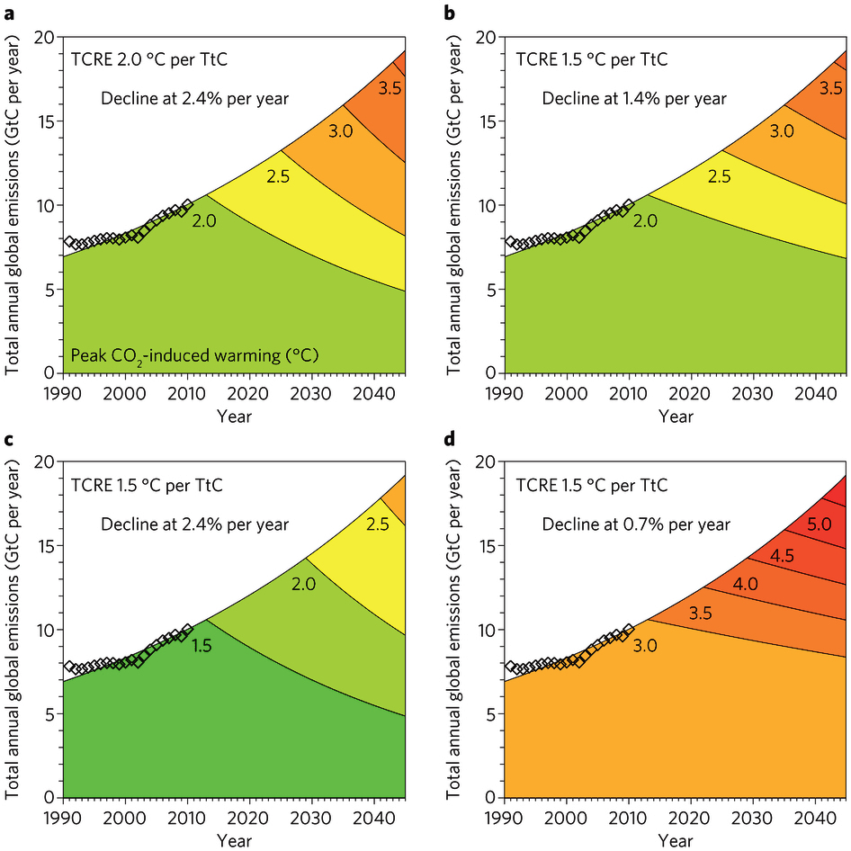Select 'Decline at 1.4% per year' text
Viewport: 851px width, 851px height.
pyautogui.click(x=634, y=98)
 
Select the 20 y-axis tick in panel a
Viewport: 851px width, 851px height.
pyautogui.click(x=44, y=37)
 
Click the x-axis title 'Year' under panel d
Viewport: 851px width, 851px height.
pyautogui.click(x=676, y=841)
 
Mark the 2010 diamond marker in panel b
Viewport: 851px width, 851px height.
pyautogui.click(x=628, y=204)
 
